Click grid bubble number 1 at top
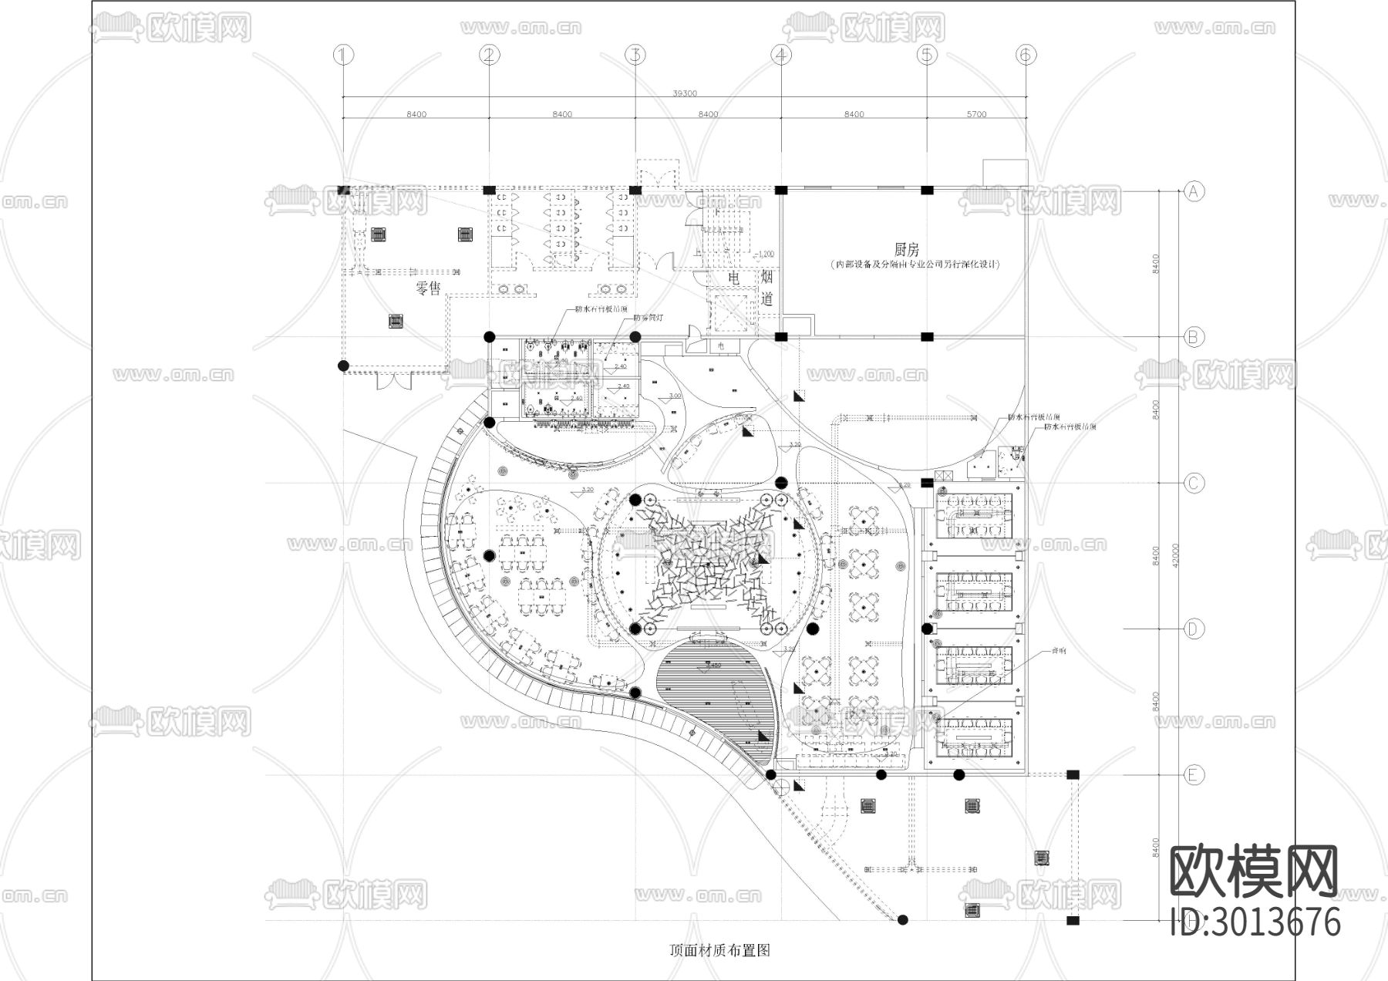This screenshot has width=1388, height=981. tap(343, 55)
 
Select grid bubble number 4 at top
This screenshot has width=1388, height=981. tap(781, 55)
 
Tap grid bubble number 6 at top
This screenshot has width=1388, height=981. tap(1026, 55)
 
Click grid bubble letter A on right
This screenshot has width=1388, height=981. tap(1194, 190)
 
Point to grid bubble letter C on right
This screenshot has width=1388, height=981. tap(1194, 483)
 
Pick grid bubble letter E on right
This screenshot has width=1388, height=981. tap(1194, 775)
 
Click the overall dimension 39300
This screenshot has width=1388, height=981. tap(684, 93)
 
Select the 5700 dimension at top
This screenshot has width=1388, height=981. tap(975, 114)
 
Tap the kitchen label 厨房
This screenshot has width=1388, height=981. tap(907, 249)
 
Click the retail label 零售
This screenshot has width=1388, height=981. tap(428, 288)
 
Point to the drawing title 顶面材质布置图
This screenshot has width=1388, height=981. tap(720, 950)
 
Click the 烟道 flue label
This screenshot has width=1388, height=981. tap(767, 288)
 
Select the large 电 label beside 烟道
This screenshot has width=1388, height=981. tap(734, 277)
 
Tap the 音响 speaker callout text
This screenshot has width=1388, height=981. tap(1060, 651)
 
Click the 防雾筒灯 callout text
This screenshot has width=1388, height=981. tap(648, 317)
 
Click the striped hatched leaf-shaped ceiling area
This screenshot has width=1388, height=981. tap(713, 698)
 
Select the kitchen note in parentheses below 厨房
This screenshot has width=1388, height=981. tap(915, 265)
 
